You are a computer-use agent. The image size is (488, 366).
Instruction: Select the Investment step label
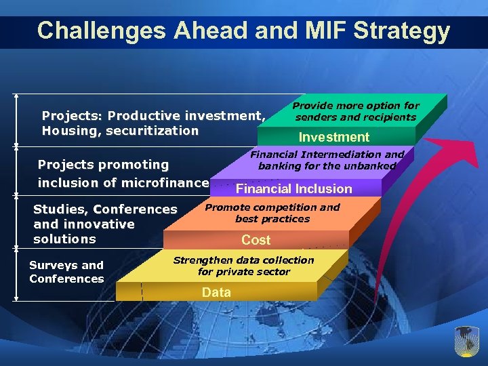click(334, 137)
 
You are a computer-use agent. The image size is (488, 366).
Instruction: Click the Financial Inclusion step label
click(293, 188)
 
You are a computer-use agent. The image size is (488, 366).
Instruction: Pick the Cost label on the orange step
click(256, 240)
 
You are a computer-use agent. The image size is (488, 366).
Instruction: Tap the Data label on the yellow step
click(216, 292)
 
